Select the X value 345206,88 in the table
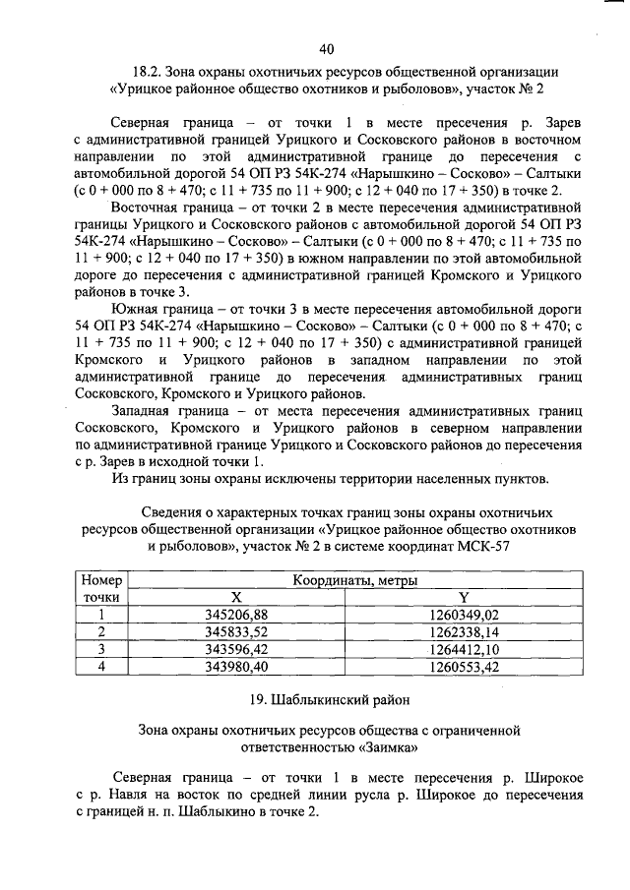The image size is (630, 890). point(235,615)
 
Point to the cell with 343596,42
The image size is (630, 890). point(235,649)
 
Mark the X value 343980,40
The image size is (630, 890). point(235,667)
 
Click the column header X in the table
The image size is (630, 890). point(235,597)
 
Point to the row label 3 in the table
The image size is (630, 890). point(100,649)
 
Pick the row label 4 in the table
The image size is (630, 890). point(100,667)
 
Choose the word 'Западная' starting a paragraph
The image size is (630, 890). point(144,408)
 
